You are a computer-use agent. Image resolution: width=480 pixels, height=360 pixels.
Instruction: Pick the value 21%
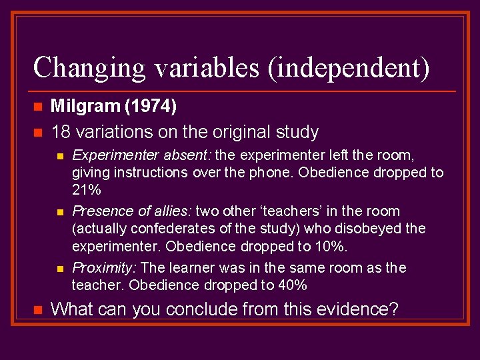click(86, 190)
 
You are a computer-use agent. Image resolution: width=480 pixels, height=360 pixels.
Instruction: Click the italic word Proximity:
click(105, 267)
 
